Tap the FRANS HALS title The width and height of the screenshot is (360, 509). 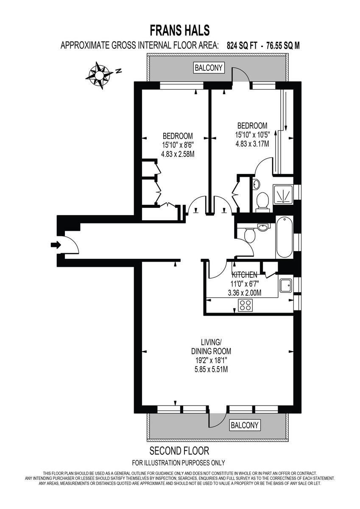[180, 31]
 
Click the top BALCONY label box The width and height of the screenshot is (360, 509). [208, 67]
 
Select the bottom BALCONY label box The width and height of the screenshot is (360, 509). [244, 425]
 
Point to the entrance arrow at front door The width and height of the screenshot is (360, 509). [56, 245]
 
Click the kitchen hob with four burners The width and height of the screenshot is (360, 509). [246, 305]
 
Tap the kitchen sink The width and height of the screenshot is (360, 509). [286, 285]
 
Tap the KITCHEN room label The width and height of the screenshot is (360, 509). [244, 275]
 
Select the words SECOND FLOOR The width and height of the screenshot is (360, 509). [179, 450]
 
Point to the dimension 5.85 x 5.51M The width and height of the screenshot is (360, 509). [210, 369]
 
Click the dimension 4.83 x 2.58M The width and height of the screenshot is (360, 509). [178, 154]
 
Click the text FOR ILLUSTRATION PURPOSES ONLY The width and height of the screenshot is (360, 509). [179, 463]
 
